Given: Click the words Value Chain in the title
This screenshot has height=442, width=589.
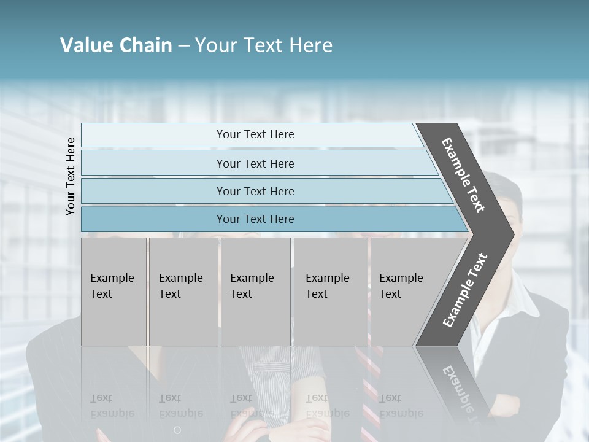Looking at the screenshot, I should (116, 45).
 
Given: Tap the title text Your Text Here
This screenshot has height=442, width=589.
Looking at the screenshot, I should (264, 45).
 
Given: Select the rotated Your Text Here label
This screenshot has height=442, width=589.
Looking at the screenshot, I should (71, 176).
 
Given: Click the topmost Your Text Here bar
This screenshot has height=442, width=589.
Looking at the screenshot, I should (255, 134).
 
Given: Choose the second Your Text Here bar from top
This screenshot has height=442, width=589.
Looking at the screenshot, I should (255, 163).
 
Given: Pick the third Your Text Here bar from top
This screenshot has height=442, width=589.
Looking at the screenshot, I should (255, 191).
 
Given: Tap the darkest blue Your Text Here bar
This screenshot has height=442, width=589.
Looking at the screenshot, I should (255, 219).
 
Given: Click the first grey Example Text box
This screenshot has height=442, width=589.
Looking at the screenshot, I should (114, 292).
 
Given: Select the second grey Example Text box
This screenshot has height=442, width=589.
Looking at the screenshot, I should (183, 292).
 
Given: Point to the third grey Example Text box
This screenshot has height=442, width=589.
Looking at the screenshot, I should (255, 292).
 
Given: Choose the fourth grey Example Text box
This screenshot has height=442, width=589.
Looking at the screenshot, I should (331, 292).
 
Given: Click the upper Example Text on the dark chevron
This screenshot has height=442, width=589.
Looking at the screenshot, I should (463, 175).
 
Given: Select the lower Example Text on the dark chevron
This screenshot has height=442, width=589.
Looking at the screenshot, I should (465, 290).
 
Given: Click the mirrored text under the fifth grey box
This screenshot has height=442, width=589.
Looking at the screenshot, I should (401, 406).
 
